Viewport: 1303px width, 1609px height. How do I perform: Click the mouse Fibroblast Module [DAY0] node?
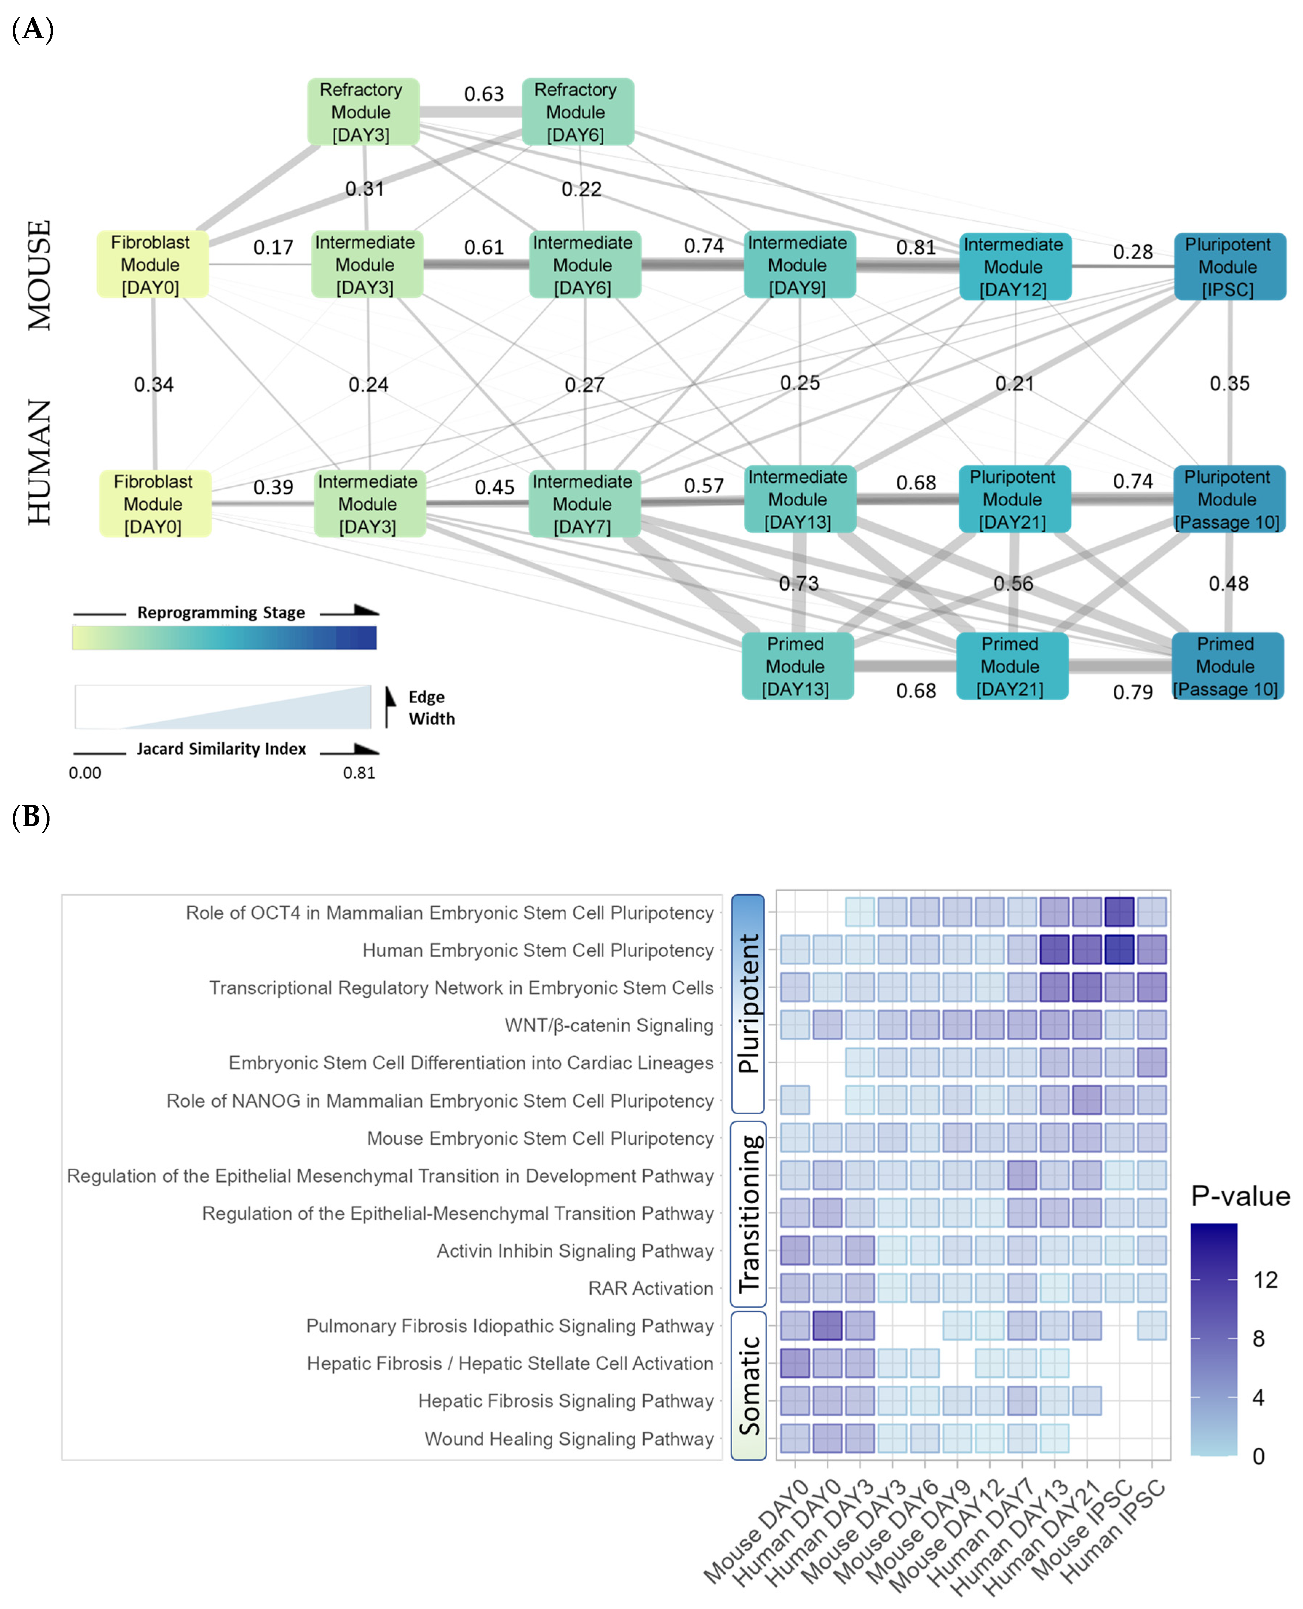tap(153, 265)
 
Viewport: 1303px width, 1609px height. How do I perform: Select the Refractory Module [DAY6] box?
tap(577, 112)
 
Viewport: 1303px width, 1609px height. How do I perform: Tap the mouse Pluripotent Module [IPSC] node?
tap(1229, 267)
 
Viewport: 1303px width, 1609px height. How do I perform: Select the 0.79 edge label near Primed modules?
tap(1133, 692)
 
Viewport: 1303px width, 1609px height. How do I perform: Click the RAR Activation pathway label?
tap(651, 1288)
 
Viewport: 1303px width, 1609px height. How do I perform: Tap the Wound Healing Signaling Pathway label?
tap(569, 1439)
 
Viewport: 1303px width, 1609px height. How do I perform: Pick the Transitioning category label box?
tap(748, 1214)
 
